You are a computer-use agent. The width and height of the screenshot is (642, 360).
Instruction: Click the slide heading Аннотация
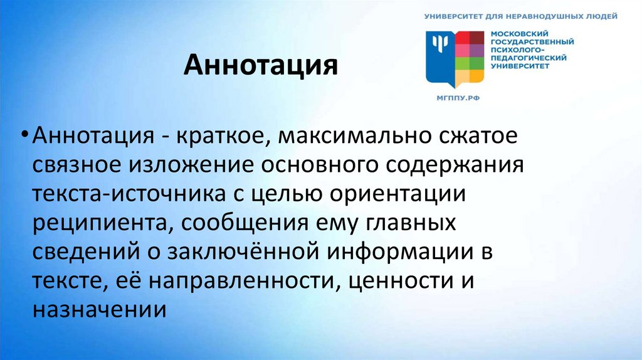260,65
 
